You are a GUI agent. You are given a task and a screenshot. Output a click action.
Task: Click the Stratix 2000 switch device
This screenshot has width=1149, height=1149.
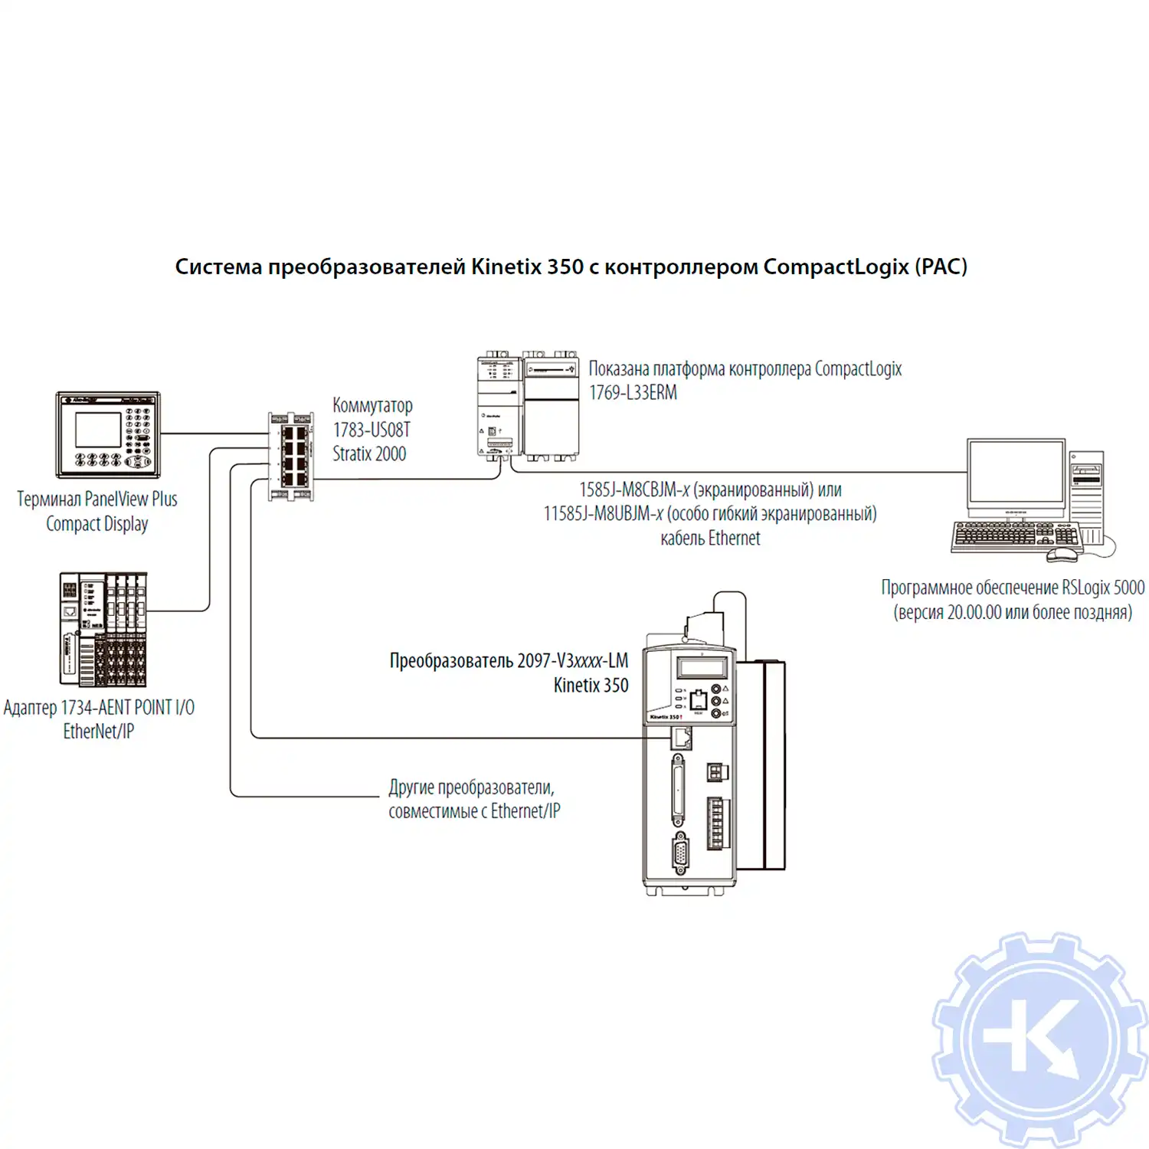pyautogui.click(x=291, y=457)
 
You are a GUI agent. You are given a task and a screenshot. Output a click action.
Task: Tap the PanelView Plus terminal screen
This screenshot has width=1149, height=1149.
pyautogui.click(x=98, y=429)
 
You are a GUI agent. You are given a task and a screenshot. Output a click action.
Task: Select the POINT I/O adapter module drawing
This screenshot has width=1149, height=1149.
pyautogui.click(x=103, y=629)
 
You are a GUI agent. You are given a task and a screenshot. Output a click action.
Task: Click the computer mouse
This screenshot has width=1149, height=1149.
pyautogui.click(x=1062, y=554)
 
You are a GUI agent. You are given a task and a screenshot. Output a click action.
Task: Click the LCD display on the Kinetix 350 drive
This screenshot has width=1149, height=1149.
pyautogui.click(x=702, y=667)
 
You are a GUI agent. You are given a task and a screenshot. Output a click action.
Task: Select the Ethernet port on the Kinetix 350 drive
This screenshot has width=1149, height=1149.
pyautogui.click(x=681, y=738)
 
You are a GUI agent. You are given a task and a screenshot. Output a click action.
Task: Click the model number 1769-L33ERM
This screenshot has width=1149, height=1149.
pyautogui.click(x=633, y=393)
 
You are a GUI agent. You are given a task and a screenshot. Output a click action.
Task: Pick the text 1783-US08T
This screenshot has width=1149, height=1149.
pyautogui.click(x=372, y=430)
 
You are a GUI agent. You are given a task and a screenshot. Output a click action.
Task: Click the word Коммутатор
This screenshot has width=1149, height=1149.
pyautogui.click(x=372, y=405)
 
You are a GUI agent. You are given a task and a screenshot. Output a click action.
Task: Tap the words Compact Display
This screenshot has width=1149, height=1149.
pyautogui.click(x=97, y=524)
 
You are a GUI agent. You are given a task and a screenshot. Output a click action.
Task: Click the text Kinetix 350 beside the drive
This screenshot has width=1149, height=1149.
pyautogui.click(x=591, y=686)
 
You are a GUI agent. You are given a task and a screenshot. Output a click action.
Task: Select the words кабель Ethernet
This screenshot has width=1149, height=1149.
pyautogui.click(x=710, y=538)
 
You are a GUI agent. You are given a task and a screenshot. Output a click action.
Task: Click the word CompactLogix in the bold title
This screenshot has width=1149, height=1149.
pyautogui.click(x=836, y=267)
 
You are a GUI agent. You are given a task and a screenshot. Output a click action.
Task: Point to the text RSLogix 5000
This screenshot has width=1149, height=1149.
pyautogui.click(x=1102, y=588)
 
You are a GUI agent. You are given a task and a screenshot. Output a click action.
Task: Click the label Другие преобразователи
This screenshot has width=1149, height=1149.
pyautogui.click(x=471, y=787)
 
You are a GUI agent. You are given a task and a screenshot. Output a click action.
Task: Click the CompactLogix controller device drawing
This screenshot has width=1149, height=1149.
pyautogui.click(x=528, y=406)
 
